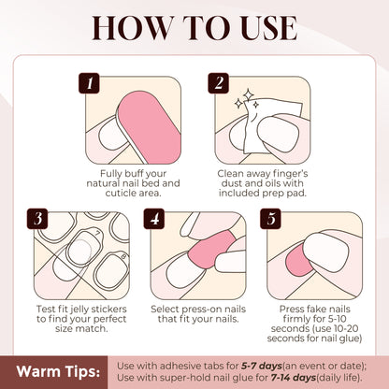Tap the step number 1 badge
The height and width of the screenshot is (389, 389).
[91, 84]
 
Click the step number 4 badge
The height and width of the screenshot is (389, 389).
[156, 220]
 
